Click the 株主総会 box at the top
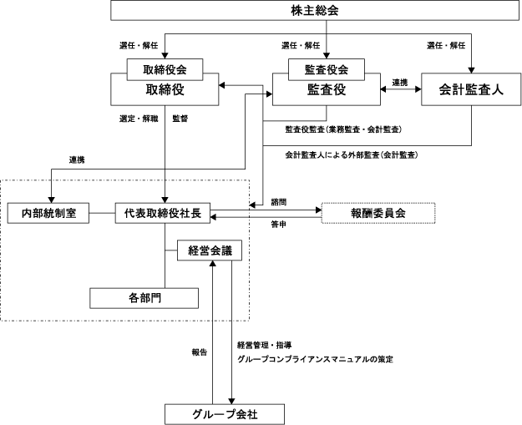coord(315,10)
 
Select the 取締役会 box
coord(165,69)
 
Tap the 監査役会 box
coord(327,69)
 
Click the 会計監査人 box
coord(471,89)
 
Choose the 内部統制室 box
coord(48,213)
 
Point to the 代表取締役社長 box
coord(163,213)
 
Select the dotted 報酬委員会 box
coord(378,213)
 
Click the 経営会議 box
coord(210,250)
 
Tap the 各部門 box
coord(144,298)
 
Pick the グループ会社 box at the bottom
coord(225,414)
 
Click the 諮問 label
coord(279,202)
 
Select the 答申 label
coord(279,225)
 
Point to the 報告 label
coord(200,352)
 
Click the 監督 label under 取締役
coord(180,119)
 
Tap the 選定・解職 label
coord(139,119)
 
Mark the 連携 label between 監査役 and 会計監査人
coord(400,83)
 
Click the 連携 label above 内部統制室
coord(77,160)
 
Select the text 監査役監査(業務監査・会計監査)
coord(343,129)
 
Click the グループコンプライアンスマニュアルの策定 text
coord(315,359)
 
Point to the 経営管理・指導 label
coord(265,345)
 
